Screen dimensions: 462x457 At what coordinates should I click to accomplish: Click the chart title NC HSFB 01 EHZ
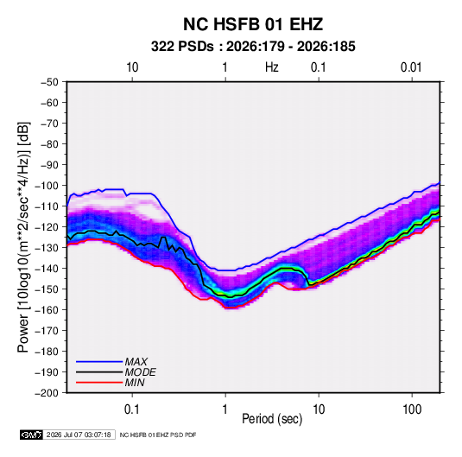coord(253,24)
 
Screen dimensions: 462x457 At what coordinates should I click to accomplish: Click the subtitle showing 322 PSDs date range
coord(253,47)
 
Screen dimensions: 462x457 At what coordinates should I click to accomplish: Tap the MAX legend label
coord(136,361)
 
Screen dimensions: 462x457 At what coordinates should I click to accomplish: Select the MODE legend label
coord(140,372)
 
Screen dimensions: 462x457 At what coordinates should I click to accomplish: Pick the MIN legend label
coord(135,383)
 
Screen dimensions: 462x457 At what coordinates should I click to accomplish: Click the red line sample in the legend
coord(99,383)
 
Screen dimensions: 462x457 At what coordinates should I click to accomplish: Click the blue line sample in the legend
coord(99,362)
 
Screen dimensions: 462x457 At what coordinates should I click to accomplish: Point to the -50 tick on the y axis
coord(49,82)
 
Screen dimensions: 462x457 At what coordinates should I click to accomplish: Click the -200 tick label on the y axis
coord(47,393)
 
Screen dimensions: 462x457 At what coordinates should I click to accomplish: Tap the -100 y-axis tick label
coord(47,186)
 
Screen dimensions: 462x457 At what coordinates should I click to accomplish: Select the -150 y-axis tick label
coord(47,289)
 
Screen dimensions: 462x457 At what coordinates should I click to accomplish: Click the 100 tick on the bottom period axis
coord(412,409)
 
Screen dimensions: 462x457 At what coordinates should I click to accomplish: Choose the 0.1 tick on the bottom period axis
coord(132,409)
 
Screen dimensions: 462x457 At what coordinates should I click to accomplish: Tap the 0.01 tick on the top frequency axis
coord(411,67)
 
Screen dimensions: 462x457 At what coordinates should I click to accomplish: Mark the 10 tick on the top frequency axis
coord(132,67)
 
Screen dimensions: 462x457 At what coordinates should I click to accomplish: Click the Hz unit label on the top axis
coord(272,67)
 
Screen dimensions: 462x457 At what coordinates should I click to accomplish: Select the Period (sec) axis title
coord(272,419)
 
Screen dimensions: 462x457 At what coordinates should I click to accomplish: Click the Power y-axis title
coord(23,237)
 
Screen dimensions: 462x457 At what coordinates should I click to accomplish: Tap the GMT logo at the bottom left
coord(31,435)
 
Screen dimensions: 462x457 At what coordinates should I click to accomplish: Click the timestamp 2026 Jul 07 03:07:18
coord(79,435)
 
